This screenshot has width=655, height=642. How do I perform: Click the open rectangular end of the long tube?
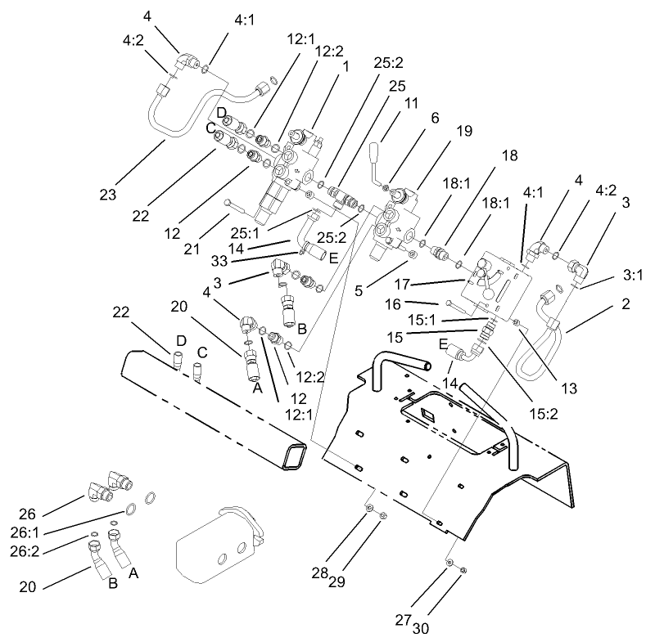point(292,456)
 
